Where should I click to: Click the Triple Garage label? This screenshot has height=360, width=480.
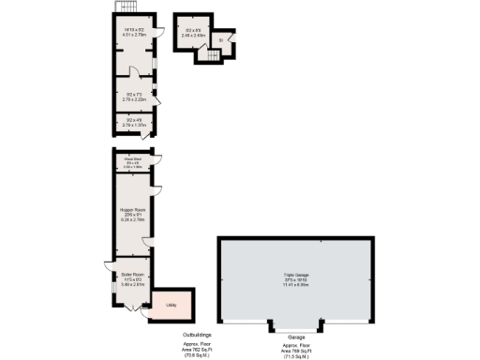[296, 275]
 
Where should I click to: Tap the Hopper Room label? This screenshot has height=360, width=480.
[131, 209]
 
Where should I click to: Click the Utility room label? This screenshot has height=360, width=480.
[172, 305]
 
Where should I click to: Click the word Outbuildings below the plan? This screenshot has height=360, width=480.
[197, 334]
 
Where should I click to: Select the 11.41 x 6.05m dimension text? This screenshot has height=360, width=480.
[296, 285]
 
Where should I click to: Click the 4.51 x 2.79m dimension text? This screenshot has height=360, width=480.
[135, 36]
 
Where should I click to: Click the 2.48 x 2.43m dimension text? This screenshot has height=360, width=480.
[194, 36]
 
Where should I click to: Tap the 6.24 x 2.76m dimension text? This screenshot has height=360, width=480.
[131, 219]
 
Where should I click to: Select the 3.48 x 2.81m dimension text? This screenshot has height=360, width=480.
[131, 284]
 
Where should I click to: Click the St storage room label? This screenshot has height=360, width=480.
[221, 40]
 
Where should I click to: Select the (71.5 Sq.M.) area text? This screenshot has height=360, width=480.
[296, 356]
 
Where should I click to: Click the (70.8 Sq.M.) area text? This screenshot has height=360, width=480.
[197, 356]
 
